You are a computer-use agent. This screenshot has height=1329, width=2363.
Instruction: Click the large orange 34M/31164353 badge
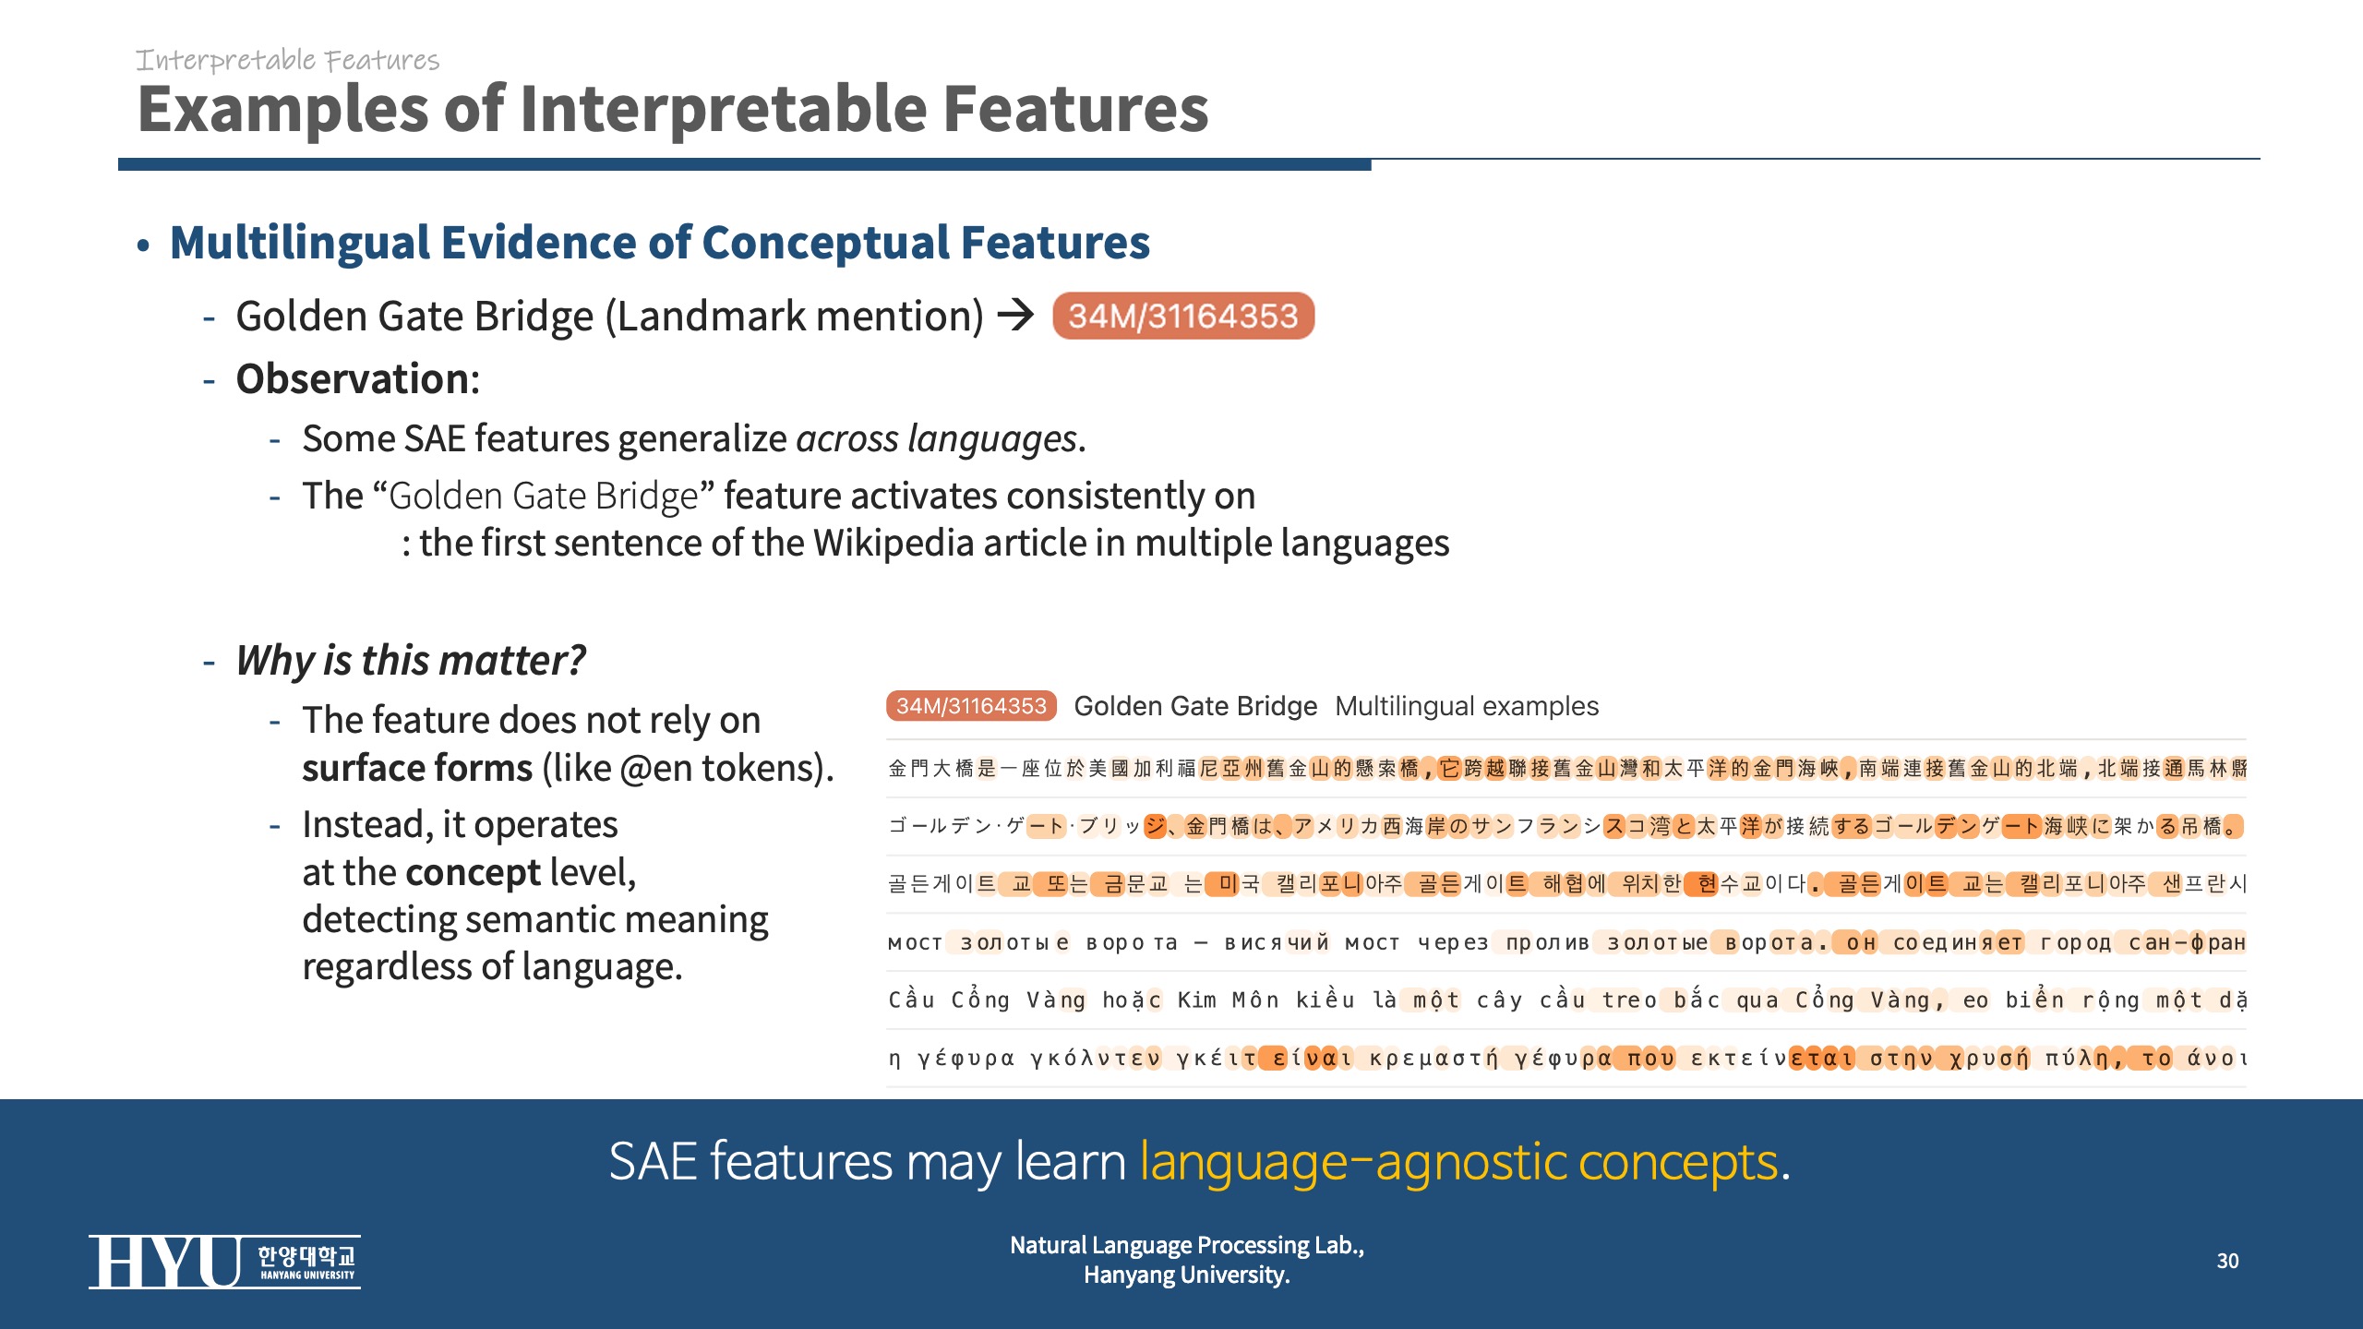coord(1183,317)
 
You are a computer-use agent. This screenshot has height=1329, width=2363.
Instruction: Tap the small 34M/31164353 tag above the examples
coord(971,706)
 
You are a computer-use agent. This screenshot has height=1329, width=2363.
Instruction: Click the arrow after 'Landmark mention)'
coord(1016,316)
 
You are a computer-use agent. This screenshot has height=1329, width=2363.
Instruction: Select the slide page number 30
coord(2227,1261)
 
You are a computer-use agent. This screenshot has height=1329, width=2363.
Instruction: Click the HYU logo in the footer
coord(224,1262)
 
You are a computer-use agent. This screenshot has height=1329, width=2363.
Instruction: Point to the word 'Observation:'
coord(358,378)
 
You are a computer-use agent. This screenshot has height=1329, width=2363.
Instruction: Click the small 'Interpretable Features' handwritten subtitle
coord(287,60)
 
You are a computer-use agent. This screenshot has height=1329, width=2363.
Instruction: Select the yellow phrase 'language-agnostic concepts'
coord(1458,1161)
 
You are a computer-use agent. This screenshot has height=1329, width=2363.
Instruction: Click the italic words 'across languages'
coord(936,438)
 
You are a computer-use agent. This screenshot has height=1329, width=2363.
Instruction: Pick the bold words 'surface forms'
coord(417,768)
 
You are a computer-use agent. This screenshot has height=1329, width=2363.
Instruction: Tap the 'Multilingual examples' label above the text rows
coord(1467,706)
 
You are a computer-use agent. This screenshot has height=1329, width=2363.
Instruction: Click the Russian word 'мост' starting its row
coord(915,942)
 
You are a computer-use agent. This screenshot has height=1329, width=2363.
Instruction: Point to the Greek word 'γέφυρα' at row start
coord(966,1058)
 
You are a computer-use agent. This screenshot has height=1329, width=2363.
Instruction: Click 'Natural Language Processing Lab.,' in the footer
coord(1186,1245)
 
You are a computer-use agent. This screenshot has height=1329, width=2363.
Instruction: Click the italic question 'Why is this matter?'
coord(411,661)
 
